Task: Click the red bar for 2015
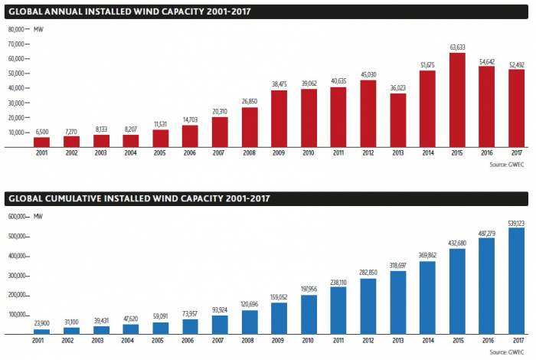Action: pos(457,100)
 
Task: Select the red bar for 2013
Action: pos(397,121)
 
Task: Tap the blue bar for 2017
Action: pos(517,280)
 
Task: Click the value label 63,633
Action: pos(457,47)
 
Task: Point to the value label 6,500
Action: pos(41,132)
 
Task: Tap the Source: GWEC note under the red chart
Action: pos(508,163)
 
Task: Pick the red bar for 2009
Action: pos(279,119)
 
